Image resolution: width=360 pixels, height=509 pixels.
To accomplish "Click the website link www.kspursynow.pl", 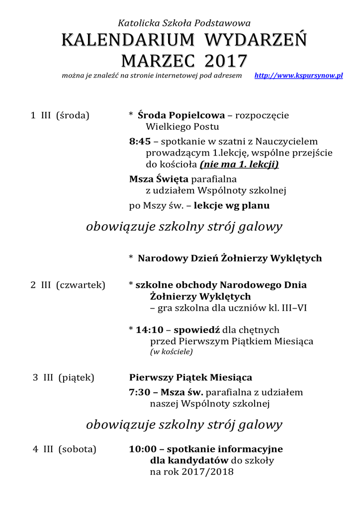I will coord(298,76).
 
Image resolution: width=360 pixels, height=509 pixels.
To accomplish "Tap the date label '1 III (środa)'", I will coord(60,115).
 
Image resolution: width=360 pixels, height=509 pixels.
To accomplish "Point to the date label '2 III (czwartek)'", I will coord(68,285).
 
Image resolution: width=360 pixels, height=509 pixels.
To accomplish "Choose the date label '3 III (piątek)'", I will coord(64,377).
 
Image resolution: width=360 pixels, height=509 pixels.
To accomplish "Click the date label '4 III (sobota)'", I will coord(65,449).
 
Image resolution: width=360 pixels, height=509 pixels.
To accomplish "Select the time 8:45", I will coord(140,142).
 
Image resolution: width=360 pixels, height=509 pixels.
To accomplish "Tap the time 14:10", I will coord(150,330).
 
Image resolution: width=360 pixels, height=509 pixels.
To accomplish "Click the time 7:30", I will coord(140,392).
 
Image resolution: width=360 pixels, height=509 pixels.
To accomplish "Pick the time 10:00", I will coord(143,449).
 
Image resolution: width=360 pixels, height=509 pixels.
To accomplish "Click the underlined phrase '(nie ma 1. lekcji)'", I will coord(239,165).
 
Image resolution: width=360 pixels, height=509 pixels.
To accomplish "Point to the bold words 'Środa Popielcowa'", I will coord(181,115).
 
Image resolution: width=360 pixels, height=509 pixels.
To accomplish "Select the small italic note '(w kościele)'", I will coord(171,352).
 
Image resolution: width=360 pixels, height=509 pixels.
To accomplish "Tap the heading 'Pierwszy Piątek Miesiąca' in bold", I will coord(190,377).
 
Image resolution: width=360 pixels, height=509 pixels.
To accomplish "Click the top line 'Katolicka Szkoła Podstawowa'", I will coord(184,23).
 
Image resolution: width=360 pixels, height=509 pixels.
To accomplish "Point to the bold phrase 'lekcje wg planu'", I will coord(232,205).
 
